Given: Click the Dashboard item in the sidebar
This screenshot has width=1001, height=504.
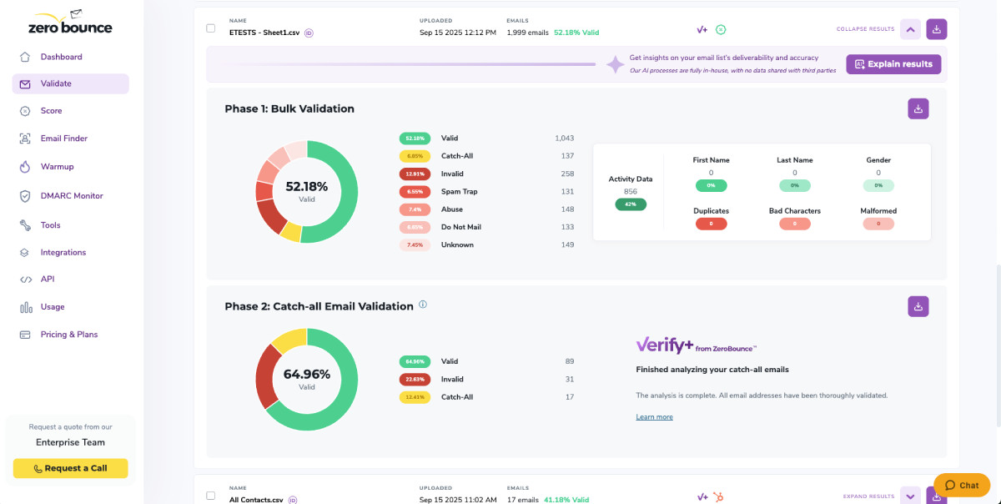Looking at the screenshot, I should tap(61, 57).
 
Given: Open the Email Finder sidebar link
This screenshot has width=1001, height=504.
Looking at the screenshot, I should tap(63, 139).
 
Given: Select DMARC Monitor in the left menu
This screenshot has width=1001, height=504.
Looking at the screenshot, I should tap(71, 196).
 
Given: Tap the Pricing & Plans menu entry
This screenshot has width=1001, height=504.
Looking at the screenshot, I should tap(68, 335).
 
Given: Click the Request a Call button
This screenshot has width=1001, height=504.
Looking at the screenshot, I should tap(70, 468).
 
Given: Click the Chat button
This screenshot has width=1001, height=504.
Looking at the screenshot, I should tap(961, 485).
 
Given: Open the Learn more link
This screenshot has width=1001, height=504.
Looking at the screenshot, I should tap(654, 417).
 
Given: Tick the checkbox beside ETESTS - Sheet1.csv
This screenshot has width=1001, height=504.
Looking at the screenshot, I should tap(211, 28).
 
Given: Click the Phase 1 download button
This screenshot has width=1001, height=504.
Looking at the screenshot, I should tap(918, 108).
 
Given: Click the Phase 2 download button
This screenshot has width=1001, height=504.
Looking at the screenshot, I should tap(918, 306).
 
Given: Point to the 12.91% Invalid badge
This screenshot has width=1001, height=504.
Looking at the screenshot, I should tap(414, 174).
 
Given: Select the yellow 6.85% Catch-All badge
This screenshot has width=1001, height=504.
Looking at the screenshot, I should tap(414, 156).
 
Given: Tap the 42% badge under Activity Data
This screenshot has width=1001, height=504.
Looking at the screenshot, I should tap(631, 204).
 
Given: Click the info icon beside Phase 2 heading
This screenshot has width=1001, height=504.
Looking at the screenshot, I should tap(423, 305).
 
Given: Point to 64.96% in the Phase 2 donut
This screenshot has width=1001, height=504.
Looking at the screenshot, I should tap(307, 374).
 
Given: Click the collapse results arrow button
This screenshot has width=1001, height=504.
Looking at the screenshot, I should tap(910, 29).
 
